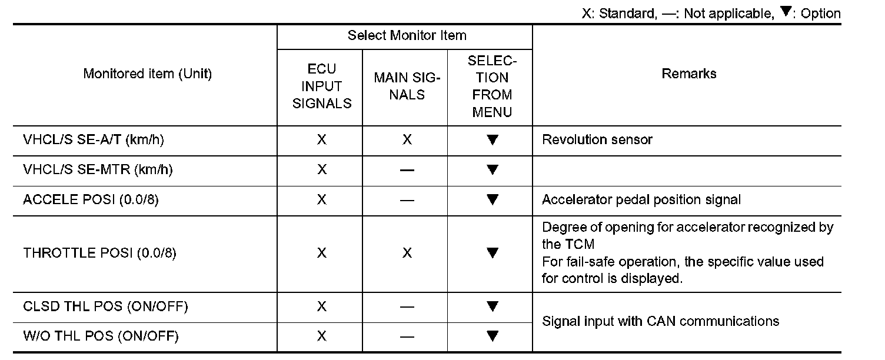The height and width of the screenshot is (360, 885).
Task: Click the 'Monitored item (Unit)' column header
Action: [147, 74]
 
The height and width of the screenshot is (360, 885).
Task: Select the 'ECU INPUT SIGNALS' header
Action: [322, 86]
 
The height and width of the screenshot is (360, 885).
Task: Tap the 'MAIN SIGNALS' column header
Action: [407, 86]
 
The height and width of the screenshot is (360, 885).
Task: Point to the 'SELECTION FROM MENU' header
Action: [492, 86]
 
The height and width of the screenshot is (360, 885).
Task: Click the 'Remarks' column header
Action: [688, 74]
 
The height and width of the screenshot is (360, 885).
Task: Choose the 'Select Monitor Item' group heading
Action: [407, 35]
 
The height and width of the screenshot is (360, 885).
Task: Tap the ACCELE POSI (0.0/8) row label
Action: [91, 200]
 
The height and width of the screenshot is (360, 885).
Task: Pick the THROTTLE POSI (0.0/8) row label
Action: [99, 254]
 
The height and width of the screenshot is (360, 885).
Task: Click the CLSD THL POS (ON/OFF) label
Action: [105, 306]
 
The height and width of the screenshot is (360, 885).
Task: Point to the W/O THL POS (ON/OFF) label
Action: [101, 336]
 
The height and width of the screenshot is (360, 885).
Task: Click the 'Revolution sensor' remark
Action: [597, 140]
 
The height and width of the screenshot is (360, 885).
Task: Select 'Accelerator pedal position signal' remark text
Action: [641, 200]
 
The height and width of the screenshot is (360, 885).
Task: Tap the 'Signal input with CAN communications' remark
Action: [660, 321]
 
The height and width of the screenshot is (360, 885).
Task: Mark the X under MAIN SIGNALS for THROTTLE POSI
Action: [407, 254]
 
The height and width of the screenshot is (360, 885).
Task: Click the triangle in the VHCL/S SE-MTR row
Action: [493, 170]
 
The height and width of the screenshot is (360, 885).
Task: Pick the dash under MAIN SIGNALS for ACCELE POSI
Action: [407, 201]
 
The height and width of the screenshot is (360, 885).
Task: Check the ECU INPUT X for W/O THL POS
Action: [322, 336]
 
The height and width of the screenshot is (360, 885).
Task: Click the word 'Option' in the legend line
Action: [821, 14]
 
